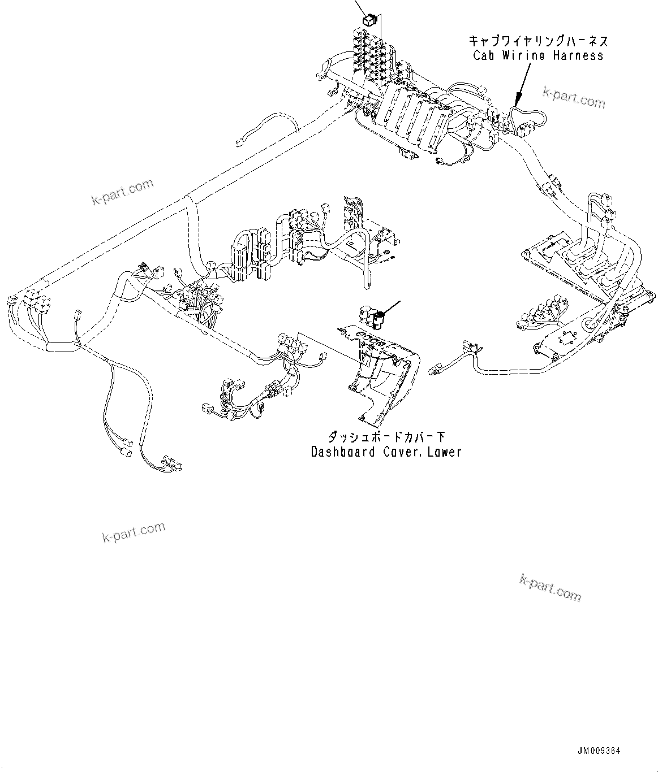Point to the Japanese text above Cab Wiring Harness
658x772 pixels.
click(x=537, y=41)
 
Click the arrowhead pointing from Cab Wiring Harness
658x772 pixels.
click(x=517, y=103)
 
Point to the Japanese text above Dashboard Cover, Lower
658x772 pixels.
click(x=386, y=437)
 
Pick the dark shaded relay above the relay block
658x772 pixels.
click(x=368, y=20)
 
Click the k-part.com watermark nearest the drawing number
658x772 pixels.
click(x=549, y=588)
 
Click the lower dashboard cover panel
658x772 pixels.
click(x=385, y=379)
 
